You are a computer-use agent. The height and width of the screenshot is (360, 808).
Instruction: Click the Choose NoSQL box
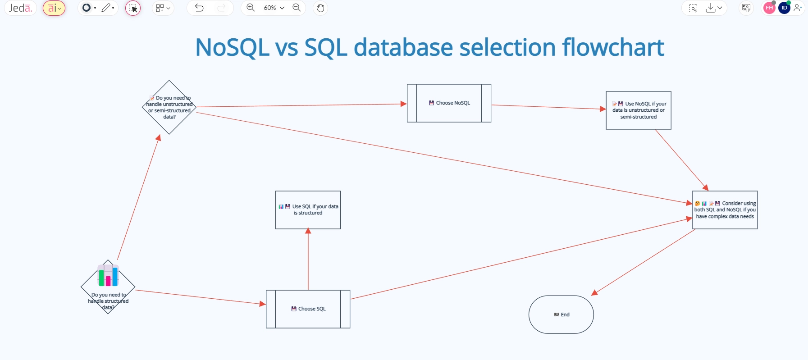pos(449,103)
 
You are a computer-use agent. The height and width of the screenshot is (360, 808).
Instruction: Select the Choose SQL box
pos(308,309)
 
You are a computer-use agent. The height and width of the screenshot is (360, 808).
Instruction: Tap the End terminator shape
pos(561,314)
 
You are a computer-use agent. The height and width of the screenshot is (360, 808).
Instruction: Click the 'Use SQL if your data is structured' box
pos(308,210)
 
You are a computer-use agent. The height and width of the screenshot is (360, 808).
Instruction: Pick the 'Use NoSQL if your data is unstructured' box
pos(638,110)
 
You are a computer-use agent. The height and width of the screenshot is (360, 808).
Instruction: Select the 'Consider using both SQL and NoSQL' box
pos(725,210)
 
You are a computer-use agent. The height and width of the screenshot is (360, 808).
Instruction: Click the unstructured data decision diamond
pos(169,108)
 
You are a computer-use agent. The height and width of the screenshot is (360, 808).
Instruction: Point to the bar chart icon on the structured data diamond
pos(108,275)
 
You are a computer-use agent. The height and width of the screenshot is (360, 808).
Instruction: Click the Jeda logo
pos(20,8)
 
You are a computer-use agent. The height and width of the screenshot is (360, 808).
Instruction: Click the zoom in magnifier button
pos(251,8)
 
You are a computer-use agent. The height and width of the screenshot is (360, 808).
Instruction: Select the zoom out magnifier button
pos(297,8)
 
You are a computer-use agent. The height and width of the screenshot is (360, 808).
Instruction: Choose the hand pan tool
pos(320,8)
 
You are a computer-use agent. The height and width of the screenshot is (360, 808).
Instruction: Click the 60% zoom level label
pos(270,8)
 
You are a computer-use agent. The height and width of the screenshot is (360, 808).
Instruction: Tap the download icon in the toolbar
pos(711,8)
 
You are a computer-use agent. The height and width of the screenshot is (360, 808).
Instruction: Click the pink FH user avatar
pos(769,8)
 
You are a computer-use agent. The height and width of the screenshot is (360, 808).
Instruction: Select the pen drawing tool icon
pos(106,8)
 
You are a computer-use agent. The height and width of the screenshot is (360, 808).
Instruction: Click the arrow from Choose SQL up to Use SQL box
pos(308,261)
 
